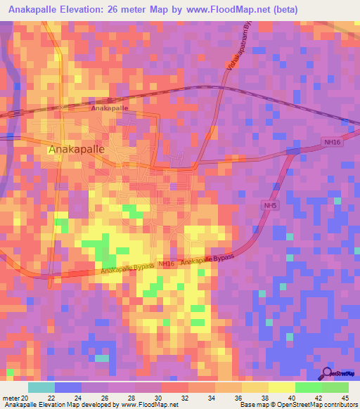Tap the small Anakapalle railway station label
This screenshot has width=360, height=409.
pos(109,108)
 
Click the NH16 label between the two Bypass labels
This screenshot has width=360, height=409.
pos(166,264)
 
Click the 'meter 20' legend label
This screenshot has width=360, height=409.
pos(16,397)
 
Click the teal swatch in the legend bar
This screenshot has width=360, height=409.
pos(41,387)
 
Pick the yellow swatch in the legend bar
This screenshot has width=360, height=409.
pos(282,387)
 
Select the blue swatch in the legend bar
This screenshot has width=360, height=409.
pos(68,387)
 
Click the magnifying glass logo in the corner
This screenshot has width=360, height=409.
pos(327,374)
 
